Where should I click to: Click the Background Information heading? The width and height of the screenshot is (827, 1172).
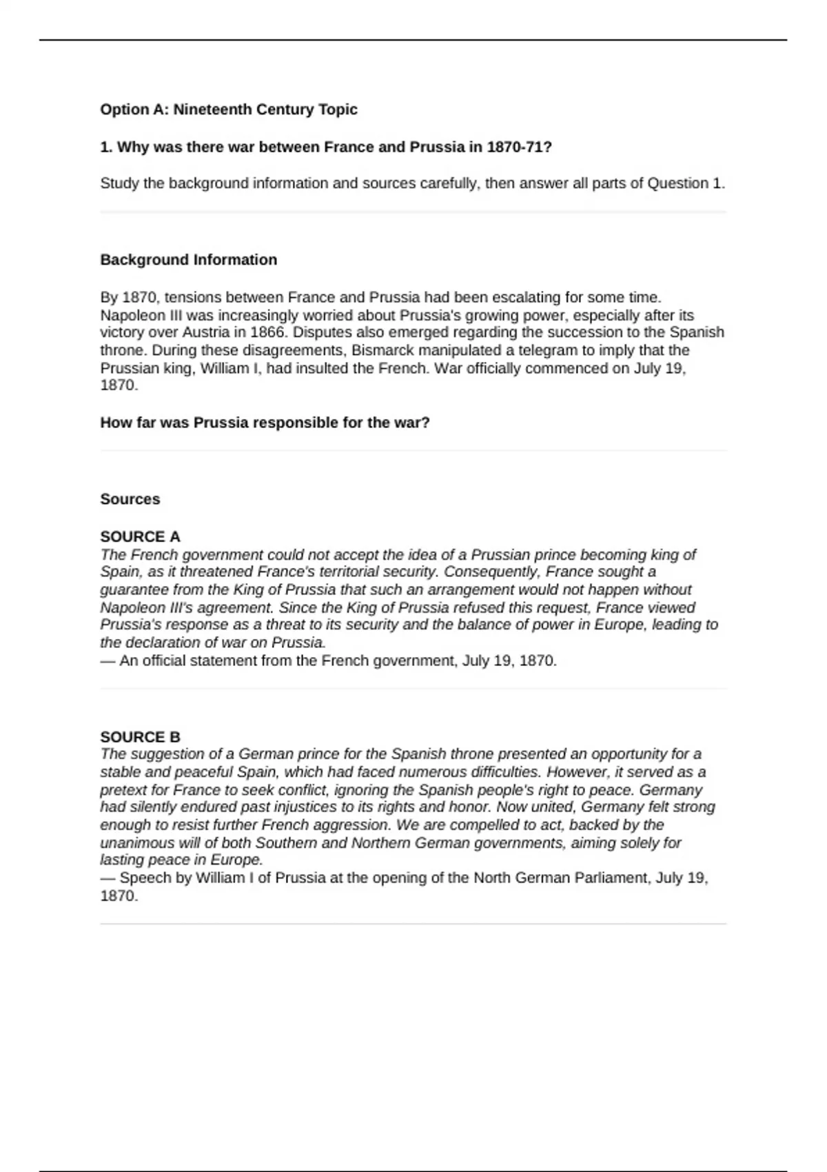[188, 260]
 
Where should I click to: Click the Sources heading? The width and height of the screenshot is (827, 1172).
[130, 499]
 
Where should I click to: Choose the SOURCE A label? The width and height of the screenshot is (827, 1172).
[140, 536]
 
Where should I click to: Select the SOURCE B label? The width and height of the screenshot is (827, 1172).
[140, 737]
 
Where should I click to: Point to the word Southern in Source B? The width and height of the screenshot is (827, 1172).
[284, 843]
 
